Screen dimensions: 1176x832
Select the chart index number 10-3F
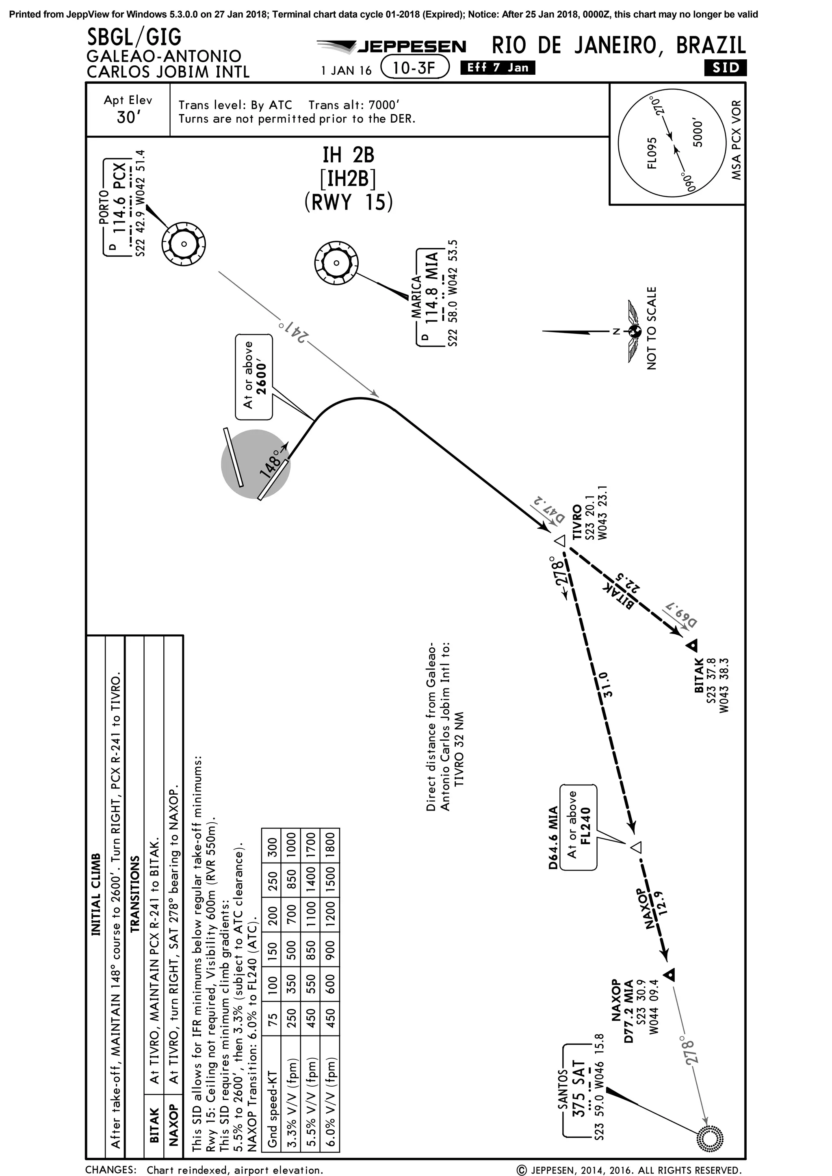pos(414,67)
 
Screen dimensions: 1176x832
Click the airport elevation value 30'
pos(128,117)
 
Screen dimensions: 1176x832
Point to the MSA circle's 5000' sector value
pos(698,133)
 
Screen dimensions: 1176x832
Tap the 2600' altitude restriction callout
pos(254,376)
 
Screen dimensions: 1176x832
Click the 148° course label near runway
pos(271,463)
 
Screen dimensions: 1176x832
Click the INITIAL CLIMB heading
pos(96,894)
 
